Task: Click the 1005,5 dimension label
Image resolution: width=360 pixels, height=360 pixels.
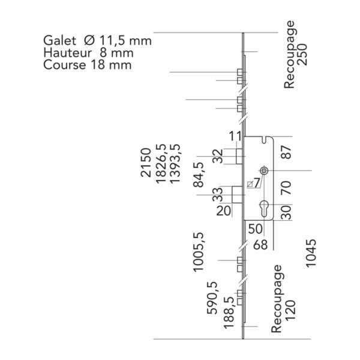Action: pos(198,253)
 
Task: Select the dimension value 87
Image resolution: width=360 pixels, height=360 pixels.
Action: pos(286,152)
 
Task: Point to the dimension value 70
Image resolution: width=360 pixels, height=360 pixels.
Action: pos(286,190)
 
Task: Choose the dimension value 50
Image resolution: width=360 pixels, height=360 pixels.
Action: pos(255,229)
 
